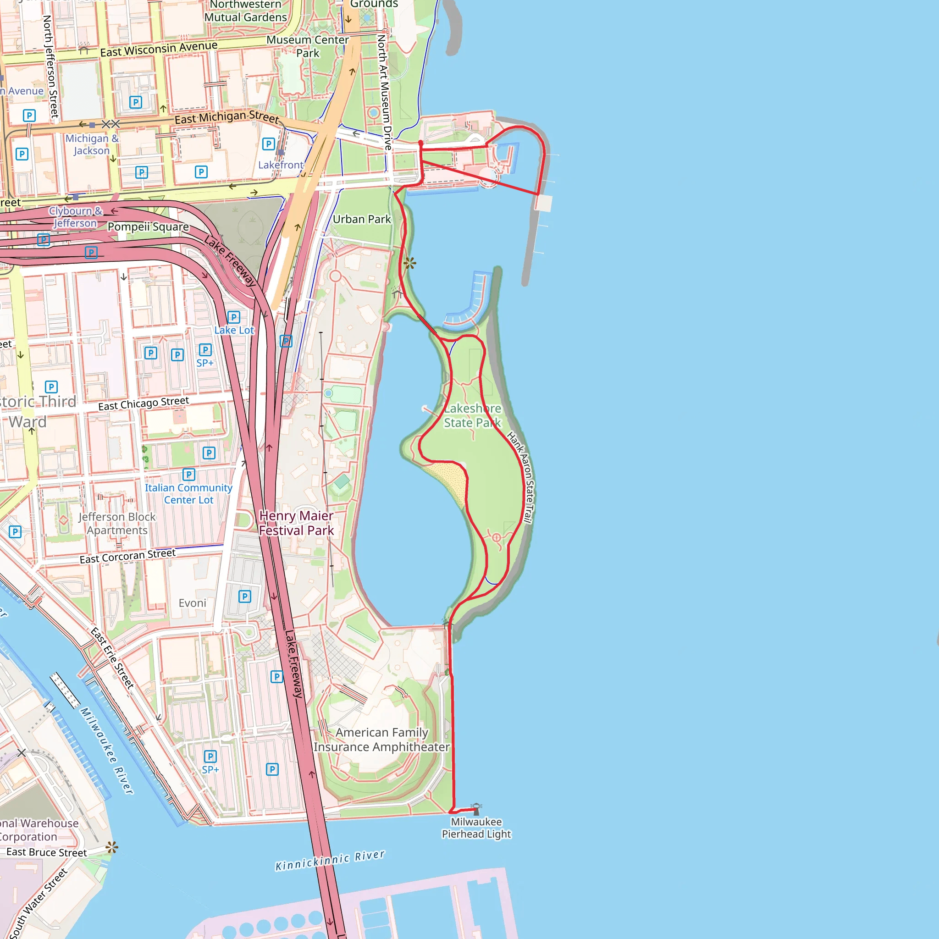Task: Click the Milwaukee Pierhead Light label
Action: (x=476, y=828)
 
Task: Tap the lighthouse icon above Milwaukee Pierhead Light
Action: (x=476, y=808)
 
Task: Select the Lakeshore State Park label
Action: (x=472, y=415)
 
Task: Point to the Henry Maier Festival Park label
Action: (x=296, y=523)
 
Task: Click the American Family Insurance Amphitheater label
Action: (x=381, y=739)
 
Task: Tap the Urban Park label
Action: (x=362, y=219)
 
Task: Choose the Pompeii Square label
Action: (x=148, y=227)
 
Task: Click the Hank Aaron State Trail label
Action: (x=520, y=477)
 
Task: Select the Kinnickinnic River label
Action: (x=330, y=860)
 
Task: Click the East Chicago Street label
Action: (x=144, y=403)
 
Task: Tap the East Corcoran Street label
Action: (x=127, y=556)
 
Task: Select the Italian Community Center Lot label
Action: (x=188, y=493)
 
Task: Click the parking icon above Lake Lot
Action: (x=234, y=317)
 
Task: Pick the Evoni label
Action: (x=193, y=602)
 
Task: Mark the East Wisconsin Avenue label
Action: (x=159, y=49)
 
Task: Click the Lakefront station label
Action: (x=281, y=165)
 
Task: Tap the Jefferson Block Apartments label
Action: (x=117, y=524)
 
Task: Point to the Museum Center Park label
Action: (x=308, y=46)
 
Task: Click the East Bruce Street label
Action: (x=47, y=852)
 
